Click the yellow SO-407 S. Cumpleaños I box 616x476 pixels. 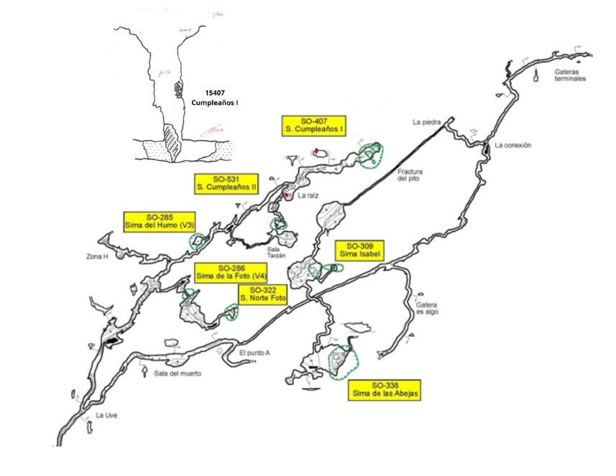pos(314,126)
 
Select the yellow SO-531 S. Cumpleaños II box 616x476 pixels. pos(226,183)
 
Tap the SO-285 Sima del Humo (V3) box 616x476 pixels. pos(160,222)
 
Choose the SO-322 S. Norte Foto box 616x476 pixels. pos(263,294)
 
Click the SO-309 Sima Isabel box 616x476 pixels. pos(359,250)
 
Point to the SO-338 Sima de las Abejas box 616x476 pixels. pos(385,389)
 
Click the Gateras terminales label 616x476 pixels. pos(570,75)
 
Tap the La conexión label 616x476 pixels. pos(512,145)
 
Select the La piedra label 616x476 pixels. pos(426,122)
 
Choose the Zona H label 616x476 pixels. pos(96,256)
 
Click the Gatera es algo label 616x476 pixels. pos(427,309)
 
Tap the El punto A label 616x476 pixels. pos(254,353)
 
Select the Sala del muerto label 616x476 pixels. pos(178,373)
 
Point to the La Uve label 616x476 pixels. pos(106,416)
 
